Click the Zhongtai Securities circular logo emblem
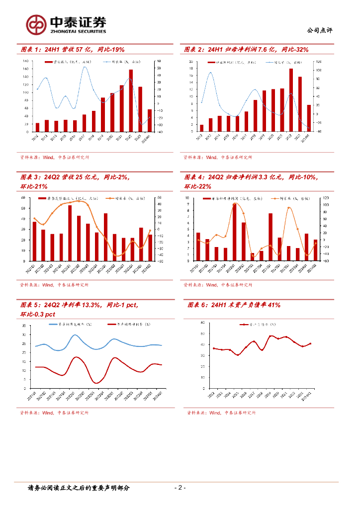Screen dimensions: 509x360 click(x=35, y=24)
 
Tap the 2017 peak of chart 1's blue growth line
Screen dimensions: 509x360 click(x=85, y=67)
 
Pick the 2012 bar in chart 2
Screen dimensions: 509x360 click(x=201, y=128)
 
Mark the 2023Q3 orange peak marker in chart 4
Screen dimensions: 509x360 click(x=289, y=208)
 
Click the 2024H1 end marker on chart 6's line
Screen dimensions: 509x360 click(x=310, y=343)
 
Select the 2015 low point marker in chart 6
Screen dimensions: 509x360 click(x=238, y=355)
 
